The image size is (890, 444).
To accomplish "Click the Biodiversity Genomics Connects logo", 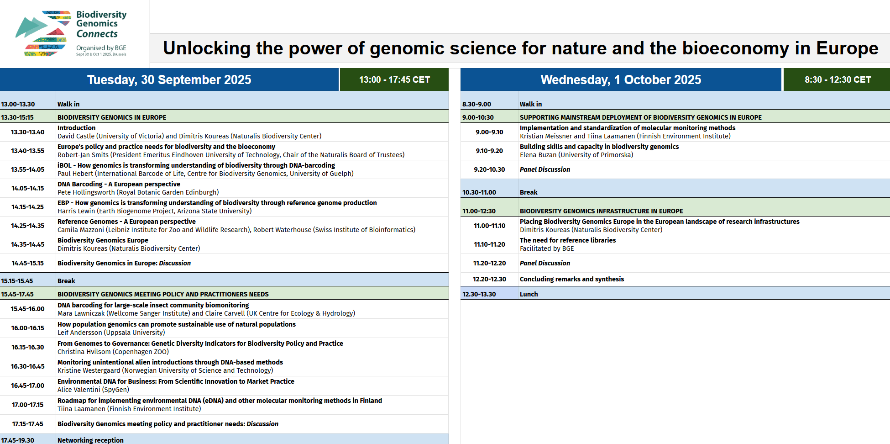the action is (x=71, y=34).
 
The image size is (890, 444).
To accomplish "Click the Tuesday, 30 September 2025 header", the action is (x=169, y=79).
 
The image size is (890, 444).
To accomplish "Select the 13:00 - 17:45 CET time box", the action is (x=394, y=79).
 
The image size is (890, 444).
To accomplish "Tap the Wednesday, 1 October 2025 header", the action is (x=621, y=79).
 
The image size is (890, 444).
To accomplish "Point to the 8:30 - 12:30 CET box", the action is (x=838, y=79).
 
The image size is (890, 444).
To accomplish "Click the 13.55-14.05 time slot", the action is (x=28, y=169).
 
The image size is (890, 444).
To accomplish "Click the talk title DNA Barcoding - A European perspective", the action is (x=119, y=184).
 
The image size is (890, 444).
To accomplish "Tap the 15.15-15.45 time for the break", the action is (x=17, y=281).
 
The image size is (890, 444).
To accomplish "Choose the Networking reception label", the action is (x=90, y=440).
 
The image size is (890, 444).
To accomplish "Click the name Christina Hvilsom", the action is (x=84, y=352).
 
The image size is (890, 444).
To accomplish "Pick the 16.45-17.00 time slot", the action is (x=28, y=386).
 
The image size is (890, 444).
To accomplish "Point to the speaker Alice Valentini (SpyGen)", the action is (x=93, y=390).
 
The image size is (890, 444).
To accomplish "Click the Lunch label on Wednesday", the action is (x=529, y=294).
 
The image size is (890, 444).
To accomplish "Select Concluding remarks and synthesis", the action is (x=571, y=279).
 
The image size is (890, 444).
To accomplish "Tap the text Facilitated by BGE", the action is (x=547, y=248).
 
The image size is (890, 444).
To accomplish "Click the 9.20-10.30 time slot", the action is (x=489, y=169).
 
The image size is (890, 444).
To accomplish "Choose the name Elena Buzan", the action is (x=538, y=155).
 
